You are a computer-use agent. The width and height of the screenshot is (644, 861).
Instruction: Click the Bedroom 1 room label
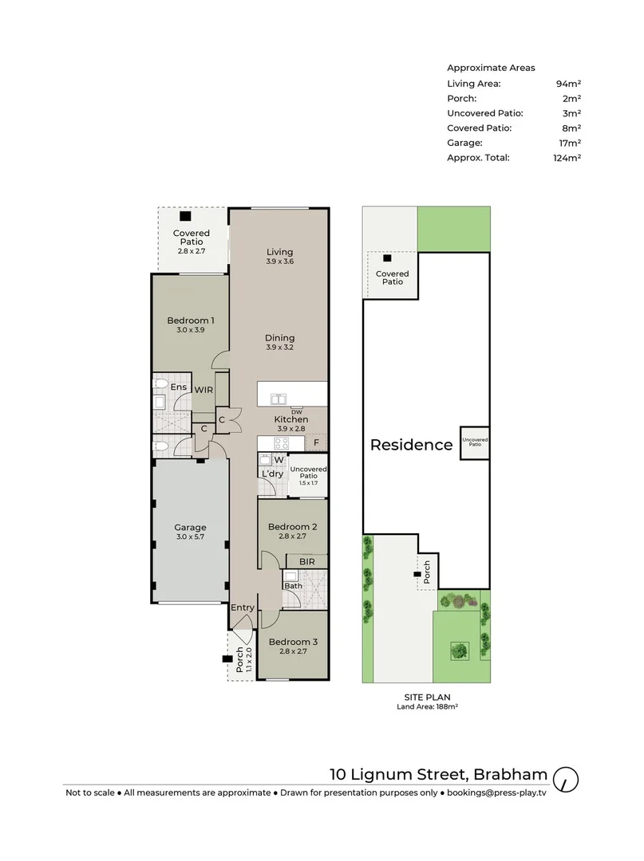click(190, 320)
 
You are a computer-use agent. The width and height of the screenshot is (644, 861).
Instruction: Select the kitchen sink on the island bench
click(279, 399)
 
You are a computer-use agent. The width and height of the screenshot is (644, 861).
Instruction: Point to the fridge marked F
click(316, 442)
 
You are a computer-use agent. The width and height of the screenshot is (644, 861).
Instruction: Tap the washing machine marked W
click(279, 460)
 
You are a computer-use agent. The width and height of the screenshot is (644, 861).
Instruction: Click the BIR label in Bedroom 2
click(307, 562)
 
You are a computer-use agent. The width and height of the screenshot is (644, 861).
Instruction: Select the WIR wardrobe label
click(203, 390)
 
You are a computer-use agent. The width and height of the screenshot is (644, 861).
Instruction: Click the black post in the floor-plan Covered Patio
click(185, 216)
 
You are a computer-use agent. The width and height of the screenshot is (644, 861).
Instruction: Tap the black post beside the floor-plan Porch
click(225, 659)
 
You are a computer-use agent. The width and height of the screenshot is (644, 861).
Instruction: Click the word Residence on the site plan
click(411, 446)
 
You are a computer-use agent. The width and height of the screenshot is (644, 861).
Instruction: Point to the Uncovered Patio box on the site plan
click(474, 442)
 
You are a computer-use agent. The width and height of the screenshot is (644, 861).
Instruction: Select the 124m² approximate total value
click(568, 158)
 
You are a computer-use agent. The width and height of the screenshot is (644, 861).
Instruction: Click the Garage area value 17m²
click(570, 143)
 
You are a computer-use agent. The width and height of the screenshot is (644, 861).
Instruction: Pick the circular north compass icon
click(565, 777)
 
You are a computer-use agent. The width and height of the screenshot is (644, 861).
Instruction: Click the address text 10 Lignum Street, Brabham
click(439, 774)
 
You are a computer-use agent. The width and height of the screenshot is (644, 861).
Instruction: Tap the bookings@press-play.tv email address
click(496, 793)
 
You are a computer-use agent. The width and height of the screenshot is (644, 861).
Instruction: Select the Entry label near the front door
click(243, 608)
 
